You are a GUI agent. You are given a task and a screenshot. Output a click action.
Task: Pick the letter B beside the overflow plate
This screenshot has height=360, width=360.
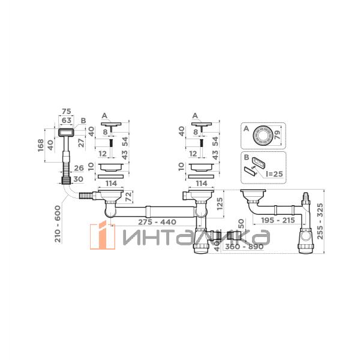pyautogui.click(x=83, y=121)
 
